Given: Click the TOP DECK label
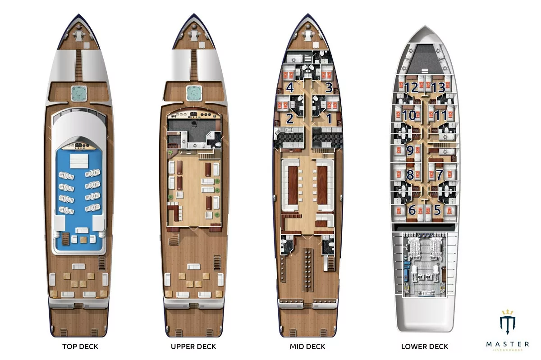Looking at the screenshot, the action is coord(80,346).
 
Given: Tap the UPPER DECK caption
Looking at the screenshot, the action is coord(193,346).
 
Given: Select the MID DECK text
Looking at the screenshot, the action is coord(307,346).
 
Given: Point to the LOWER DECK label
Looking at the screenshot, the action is coord(425,346).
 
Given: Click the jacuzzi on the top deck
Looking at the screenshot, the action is coord(79,93).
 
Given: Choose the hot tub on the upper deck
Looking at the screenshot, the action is coord(194,93).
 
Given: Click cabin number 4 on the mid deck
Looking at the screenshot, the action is coord(290,87).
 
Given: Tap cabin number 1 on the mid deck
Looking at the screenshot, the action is coord(329,118).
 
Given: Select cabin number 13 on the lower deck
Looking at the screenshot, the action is coord(438,87).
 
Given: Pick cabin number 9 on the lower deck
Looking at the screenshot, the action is coord(410,150).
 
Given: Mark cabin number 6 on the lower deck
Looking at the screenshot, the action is coord(412,210).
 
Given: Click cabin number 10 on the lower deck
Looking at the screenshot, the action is coord(409,115).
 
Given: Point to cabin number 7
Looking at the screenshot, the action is coord(439,174).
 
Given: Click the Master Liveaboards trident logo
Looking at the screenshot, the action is coord(508,322).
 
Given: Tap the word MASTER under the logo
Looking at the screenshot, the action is coord(508,344).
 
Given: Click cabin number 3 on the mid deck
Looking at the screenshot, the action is coord(329,87).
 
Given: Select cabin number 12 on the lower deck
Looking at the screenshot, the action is coord(411,87).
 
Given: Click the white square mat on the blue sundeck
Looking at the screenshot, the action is coord(79,161).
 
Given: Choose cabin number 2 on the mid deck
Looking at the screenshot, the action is coord(290,118).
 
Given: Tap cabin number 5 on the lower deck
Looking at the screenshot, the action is coord(437,210).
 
